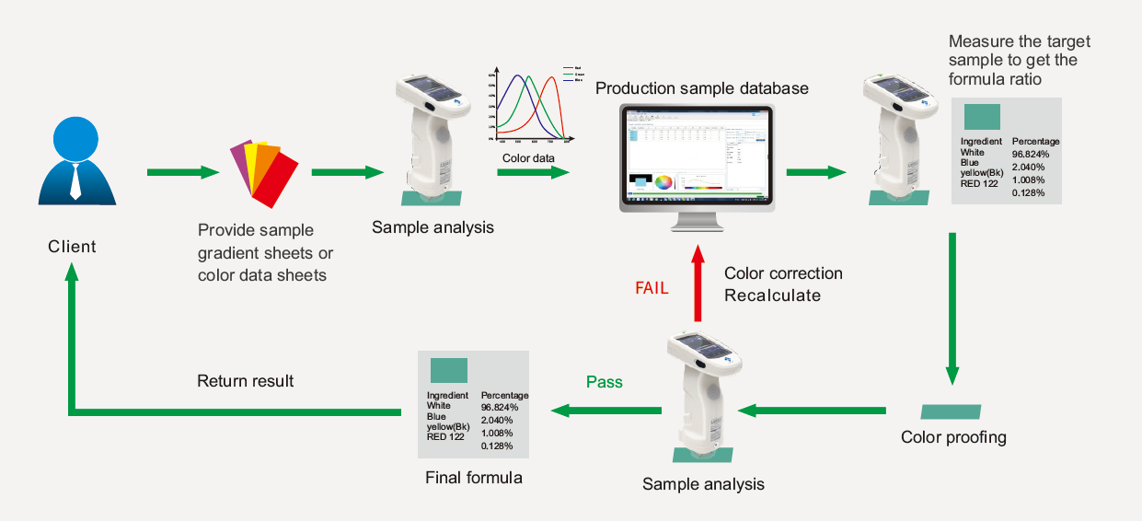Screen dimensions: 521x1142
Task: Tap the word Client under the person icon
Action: pos(72,247)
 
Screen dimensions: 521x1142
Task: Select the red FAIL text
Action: pos(652,287)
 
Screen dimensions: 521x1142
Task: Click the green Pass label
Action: pos(605,381)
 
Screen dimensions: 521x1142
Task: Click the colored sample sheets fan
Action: pos(264,172)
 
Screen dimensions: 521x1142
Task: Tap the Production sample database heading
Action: pos(701,88)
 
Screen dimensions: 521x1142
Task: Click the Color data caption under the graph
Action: pos(529,158)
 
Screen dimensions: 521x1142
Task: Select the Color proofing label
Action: pos(953,437)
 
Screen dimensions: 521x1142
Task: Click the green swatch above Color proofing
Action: pos(952,411)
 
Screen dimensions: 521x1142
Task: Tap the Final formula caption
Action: pos(473,478)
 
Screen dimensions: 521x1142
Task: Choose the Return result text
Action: pos(245,380)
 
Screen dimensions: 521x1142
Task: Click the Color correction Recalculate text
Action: pos(783,284)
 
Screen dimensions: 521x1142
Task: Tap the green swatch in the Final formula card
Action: pos(449,370)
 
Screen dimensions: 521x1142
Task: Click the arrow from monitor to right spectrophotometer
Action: pos(816,172)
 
